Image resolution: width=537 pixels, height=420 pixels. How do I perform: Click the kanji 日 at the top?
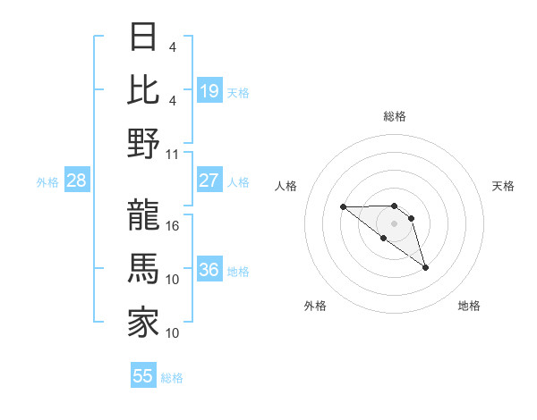click(143, 39)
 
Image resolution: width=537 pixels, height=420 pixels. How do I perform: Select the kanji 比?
click(143, 90)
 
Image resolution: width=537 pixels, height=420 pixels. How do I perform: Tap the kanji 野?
click(143, 144)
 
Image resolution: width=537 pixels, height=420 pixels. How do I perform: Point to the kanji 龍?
click(143, 214)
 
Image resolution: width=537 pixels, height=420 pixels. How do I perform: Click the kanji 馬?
click(143, 269)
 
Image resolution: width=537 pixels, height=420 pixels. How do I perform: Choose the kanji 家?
click(143, 323)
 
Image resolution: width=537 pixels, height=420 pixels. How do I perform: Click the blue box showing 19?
click(209, 90)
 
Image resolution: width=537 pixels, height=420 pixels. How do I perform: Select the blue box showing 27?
click(209, 181)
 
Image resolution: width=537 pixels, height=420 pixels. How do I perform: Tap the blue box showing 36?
click(209, 270)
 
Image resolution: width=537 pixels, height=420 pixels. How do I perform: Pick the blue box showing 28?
click(77, 181)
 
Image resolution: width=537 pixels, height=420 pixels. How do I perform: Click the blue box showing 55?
click(143, 376)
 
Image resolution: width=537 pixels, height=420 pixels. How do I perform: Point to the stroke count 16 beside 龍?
click(173, 225)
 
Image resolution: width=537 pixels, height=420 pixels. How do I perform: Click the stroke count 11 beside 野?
click(173, 154)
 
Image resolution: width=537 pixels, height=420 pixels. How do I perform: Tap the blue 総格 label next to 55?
click(172, 378)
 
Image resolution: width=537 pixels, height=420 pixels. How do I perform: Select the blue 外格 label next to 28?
click(47, 182)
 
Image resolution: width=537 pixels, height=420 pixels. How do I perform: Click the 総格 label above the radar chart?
click(394, 116)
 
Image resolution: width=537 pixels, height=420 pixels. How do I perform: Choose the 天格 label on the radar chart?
click(503, 186)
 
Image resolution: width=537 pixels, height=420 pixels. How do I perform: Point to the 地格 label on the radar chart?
click(469, 306)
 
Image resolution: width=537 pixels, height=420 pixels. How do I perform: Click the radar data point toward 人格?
click(343, 206)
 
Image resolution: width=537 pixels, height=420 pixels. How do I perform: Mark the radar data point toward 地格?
click(425, 267)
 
